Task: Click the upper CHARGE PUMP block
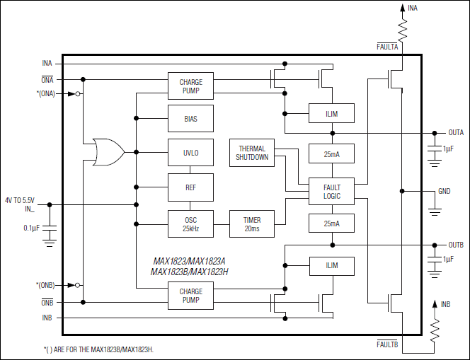[190, 87]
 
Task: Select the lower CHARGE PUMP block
[190, 296]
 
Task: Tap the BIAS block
[190, 119]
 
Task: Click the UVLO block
[190, 151]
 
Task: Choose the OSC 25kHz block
[190, 223]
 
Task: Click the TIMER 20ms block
[252, 223]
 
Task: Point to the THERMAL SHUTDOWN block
[252, 153]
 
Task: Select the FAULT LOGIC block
[331, 191]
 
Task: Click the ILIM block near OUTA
[331, 113]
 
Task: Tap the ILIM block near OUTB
[331, 266]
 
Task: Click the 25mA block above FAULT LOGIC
[331, 153]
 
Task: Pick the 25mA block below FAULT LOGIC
[331, 223]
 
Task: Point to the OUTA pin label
[456, 132]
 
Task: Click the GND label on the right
[445, 191]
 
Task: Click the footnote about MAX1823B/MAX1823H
[98, 349]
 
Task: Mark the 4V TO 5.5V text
[19, 199]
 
